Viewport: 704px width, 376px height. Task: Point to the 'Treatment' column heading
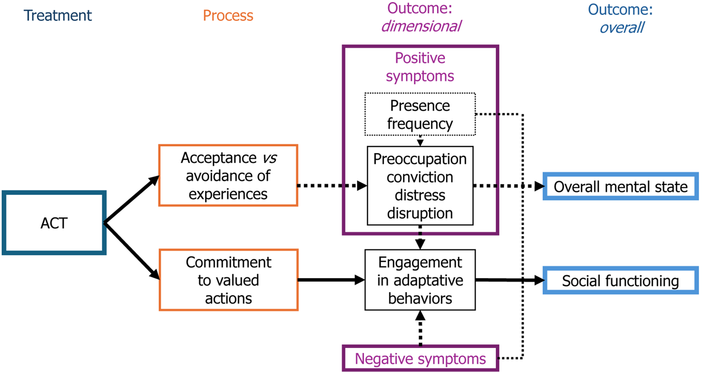pos(58,16)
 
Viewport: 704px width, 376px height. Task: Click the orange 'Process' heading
pos(228,16)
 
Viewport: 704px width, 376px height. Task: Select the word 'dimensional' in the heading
pos(421,26)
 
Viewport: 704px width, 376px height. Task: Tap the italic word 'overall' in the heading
pos(622,28)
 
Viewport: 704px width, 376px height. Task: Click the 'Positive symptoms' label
pos(420,67)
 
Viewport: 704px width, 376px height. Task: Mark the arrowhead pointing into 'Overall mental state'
pos(539,186)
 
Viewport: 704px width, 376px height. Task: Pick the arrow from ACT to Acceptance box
pos(132,199)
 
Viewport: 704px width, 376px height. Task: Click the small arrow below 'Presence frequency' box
pos(420,141)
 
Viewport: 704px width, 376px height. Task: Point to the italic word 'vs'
pos(270,158)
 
